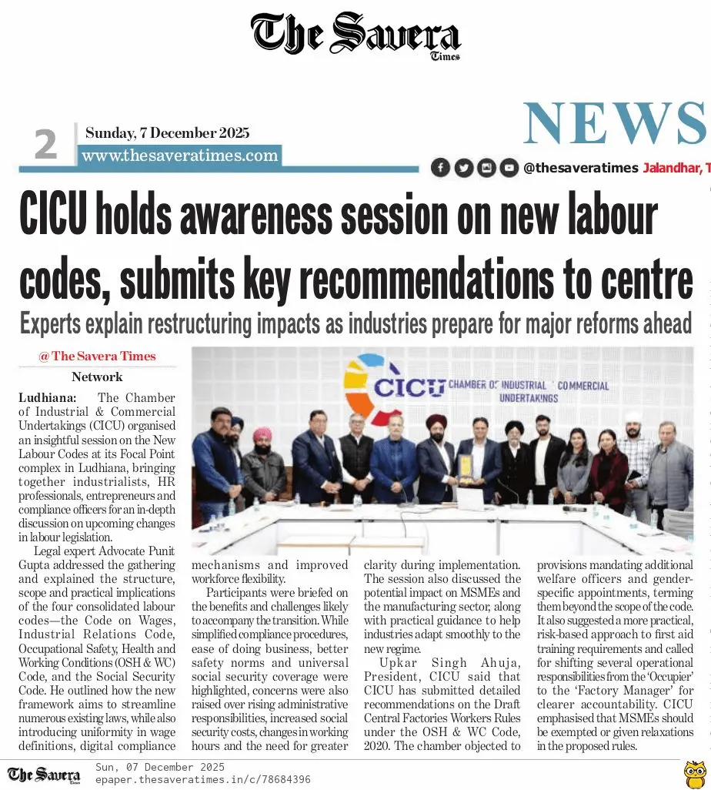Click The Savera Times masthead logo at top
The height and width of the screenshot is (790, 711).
click(x=355, y=35)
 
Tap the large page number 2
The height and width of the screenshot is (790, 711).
click(x=45, y=145)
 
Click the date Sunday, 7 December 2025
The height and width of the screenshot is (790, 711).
click(x=167, y=132)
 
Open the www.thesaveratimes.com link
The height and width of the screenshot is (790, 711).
click(x=179, y=156)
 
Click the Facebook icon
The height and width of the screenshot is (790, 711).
click(x=440, y=167)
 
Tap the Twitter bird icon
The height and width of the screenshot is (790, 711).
click(x=463, y=167)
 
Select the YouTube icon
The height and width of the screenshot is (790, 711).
click(x=508, y=167)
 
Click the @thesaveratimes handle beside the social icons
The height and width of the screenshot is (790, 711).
click(x=580, y=167)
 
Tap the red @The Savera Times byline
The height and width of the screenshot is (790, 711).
click(x=97, y=356)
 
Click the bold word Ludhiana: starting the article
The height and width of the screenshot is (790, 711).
click(x=47, y=398)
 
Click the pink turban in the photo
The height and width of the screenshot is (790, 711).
click(x=263, y=434)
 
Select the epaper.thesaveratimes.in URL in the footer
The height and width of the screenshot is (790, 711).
click(x=202, y=779)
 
